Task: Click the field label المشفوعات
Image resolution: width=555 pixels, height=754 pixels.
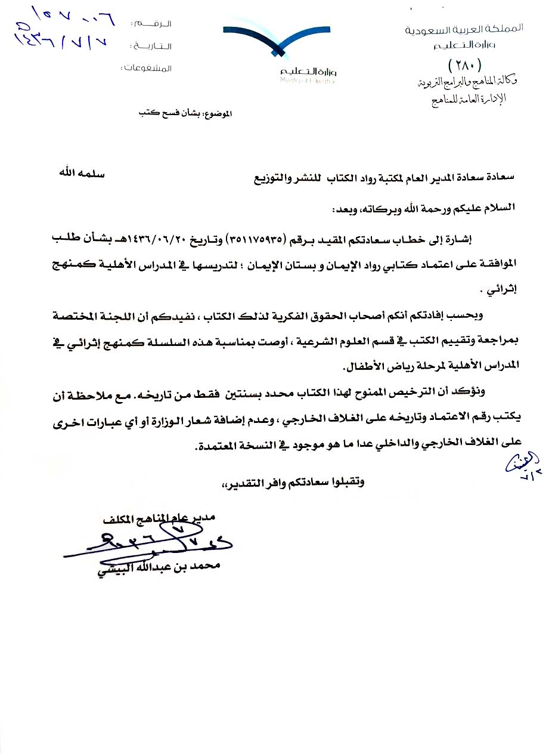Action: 147,68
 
